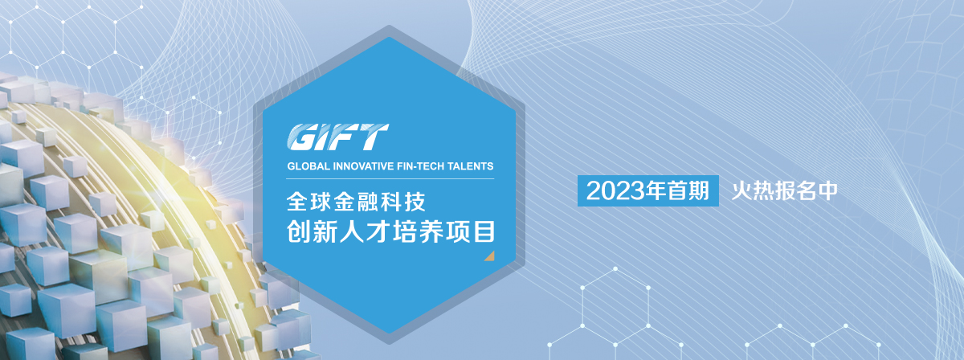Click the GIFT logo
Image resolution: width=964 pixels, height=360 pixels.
pyautogui.click(x=338, y=137)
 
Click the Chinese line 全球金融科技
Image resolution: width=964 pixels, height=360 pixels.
pyautogui.click(x=356, y=202)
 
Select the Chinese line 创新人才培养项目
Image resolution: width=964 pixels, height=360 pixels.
pyautogui.click(x=391, y=231)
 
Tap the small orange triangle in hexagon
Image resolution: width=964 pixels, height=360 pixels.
pyautogui.click(x=490, y=256)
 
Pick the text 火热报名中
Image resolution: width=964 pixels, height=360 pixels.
pyautogui.click(x=785, y=190)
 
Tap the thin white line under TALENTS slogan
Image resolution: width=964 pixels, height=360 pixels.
pyautogui.click(x=390, y=178)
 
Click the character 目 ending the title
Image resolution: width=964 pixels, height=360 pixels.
pyautogui.click(x=484, y=231)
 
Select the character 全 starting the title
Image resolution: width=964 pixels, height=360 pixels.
pyautogui.click(x=297, y=202)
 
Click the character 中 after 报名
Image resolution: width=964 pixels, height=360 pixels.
pyautogui.click(x=827, y=190)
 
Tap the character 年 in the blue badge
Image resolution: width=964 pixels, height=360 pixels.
pyautogui.click(x=656, y=190)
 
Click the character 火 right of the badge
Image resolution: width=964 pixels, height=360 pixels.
pyautogui.click(x=742, y=190)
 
